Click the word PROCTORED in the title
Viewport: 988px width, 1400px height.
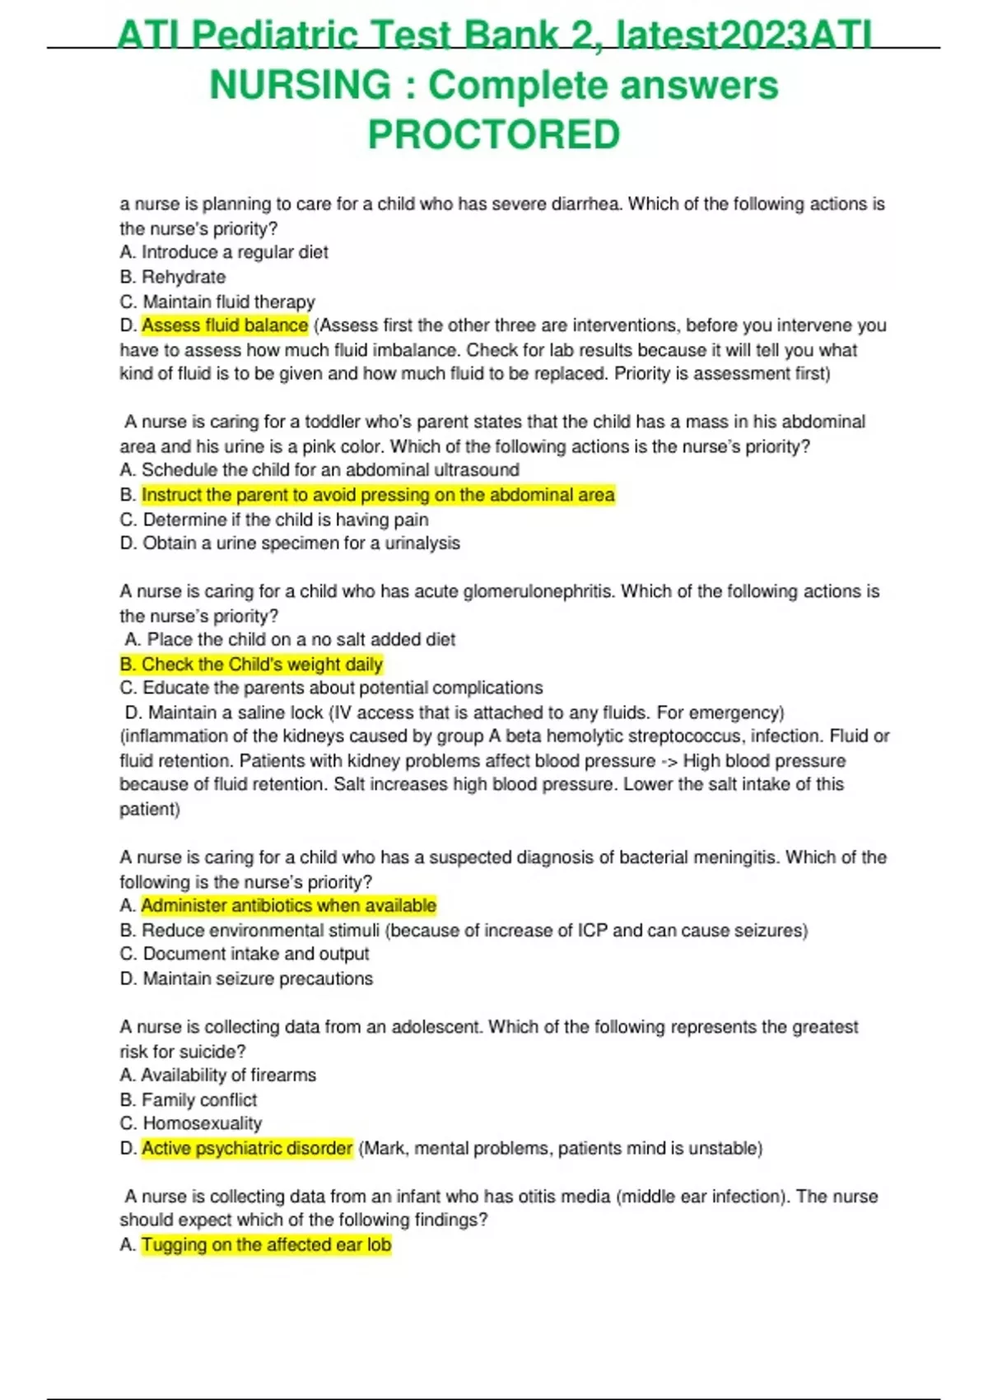493,135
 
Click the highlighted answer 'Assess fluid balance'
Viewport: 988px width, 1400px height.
225,325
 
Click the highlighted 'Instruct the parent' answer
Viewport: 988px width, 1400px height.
378,495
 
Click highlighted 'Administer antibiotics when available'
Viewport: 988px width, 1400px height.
288,906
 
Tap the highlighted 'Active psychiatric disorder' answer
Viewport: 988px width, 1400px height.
247,1148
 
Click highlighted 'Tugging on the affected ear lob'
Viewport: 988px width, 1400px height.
266,1244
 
